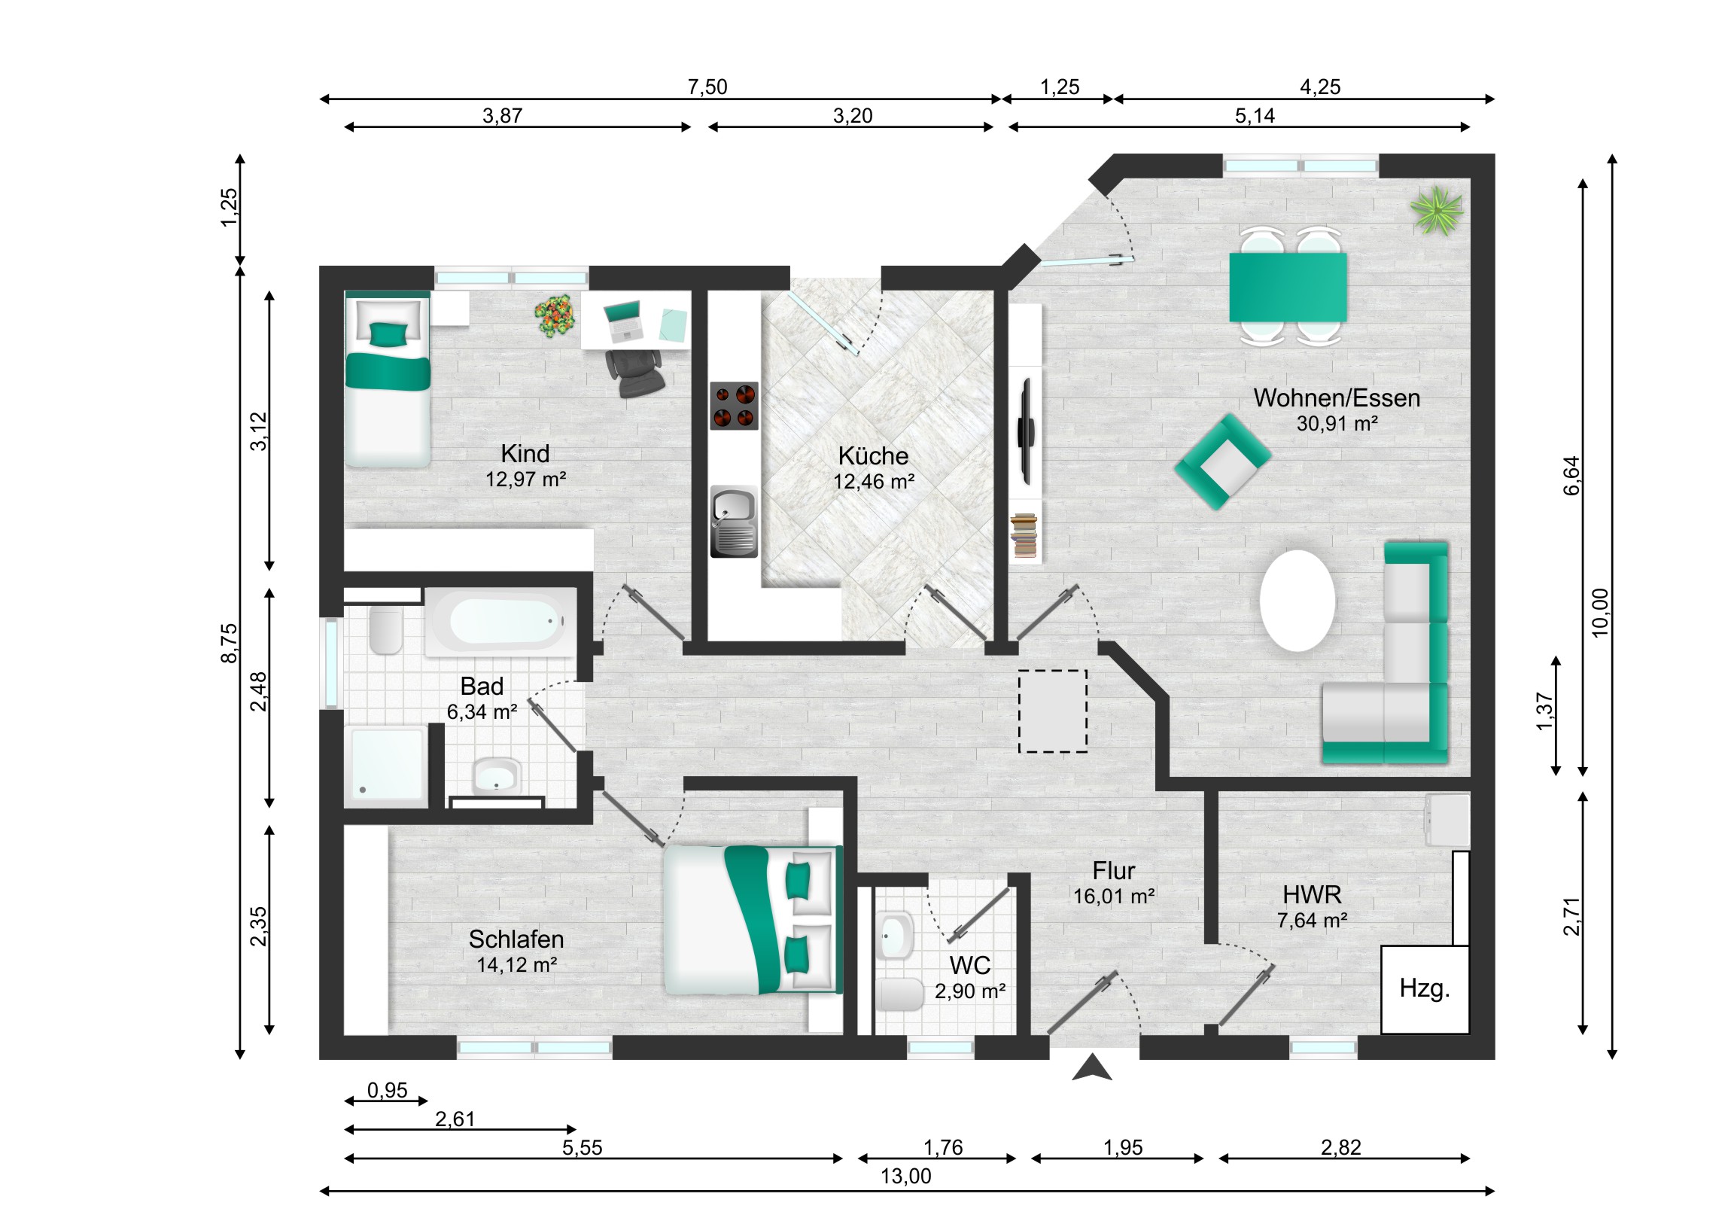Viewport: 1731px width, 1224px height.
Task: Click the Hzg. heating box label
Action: point(1424,988)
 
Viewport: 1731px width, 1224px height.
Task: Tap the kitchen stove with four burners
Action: point(734,406)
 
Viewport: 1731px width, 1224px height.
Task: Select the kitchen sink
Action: point(734,521)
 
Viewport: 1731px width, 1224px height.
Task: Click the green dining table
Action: point(1288,288)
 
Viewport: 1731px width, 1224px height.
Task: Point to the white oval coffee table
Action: point(1297,600)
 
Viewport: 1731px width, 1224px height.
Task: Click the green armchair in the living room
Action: point(1223,461)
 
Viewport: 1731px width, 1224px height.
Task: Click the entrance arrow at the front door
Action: point(1092,1068)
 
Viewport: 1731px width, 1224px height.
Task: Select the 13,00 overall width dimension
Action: point(906,1176)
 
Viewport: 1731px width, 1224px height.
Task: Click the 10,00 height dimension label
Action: point(1600,613)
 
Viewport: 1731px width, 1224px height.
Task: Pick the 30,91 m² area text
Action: point(1337,424)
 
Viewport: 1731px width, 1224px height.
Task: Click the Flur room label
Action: point(1114,871)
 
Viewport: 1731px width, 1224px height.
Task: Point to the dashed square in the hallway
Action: point(1052,711)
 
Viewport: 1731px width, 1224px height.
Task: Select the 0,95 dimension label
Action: point(387,1090)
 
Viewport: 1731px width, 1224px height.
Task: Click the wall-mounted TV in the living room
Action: point(1025,431)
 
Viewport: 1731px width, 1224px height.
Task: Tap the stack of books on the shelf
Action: point(1024,536)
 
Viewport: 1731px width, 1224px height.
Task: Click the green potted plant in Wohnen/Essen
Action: point(1437,211)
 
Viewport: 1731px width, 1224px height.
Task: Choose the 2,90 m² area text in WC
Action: point(969,991)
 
